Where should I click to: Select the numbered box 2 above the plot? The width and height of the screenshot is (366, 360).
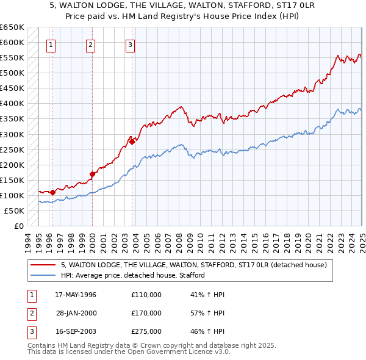point(90,44)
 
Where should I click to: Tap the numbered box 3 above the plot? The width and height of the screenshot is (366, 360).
point(131,44)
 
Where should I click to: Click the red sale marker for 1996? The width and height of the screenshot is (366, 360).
point(53,192)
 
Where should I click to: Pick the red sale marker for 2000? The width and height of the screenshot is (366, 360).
point(92,174)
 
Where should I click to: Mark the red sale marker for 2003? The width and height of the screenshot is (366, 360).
point(132,142)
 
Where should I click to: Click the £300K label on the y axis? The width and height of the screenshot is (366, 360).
point(12,134)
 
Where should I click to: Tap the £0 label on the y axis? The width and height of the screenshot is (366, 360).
point(19,226)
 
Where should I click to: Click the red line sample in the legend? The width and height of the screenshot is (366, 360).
point(43,265)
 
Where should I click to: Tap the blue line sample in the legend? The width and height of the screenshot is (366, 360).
point(43,275)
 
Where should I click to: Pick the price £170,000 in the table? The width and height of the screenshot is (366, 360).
point(146,313)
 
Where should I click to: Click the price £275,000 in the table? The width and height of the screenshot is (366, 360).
point(146,331)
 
